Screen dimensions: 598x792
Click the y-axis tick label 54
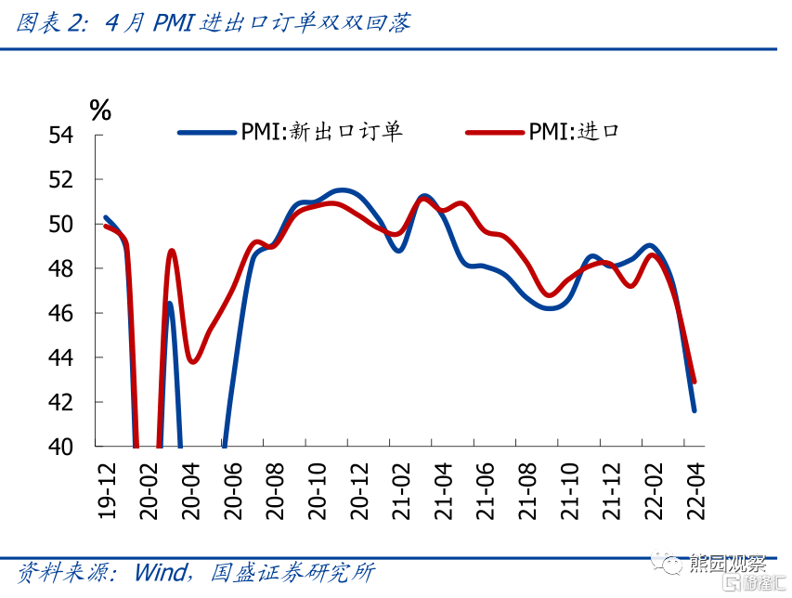click(x=61, y=136)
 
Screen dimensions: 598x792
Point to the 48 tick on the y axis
click(x=61, y=269)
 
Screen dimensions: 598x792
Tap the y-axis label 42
click(x=61, y=403)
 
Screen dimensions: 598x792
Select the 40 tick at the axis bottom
click(x=61, y=447)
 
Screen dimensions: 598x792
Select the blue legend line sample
click(x=206, y=132)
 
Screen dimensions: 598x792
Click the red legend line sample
click(x=495, y=132)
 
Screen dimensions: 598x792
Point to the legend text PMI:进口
click(x=574, y=132)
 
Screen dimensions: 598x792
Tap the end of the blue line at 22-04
click(x=694, y=409)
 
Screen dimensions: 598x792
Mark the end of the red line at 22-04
click(x=695, y=381)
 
